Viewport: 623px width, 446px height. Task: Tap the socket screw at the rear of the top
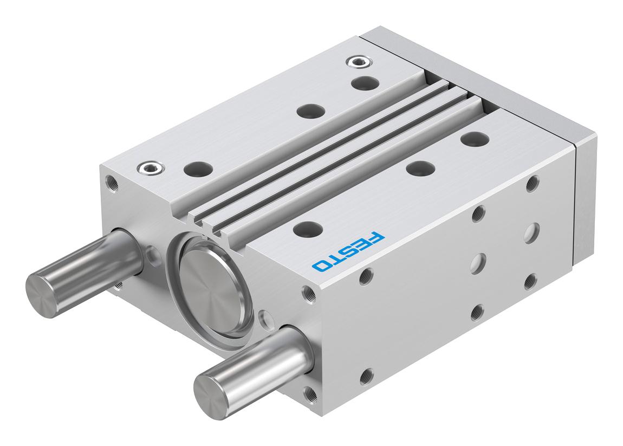(x=357, y=63)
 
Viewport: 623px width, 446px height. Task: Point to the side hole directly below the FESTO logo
(x=364, y=279)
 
